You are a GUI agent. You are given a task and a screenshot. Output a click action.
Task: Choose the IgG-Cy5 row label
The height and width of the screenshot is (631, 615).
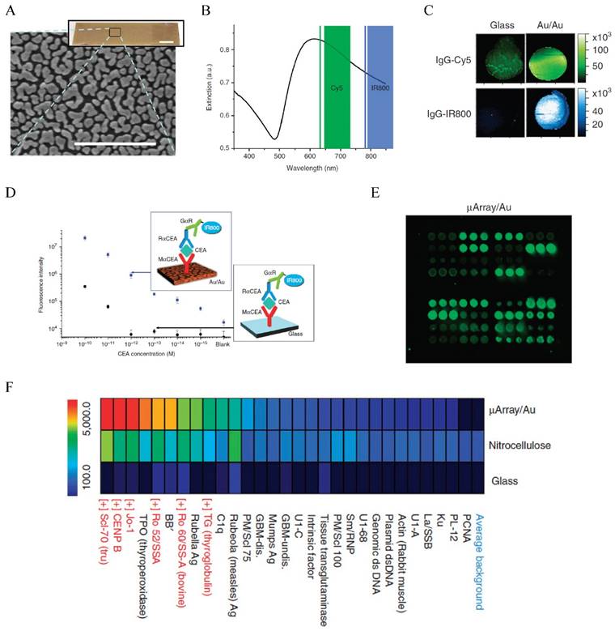[x=452, y=61]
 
